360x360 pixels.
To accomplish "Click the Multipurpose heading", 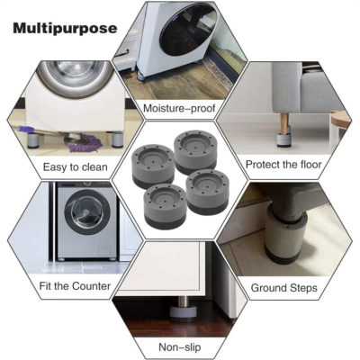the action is coord(65,29).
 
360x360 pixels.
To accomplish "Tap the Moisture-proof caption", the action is coord(179,108).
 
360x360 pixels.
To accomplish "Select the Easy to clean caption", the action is coord(76,167).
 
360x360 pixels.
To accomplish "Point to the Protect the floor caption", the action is coord(283,165).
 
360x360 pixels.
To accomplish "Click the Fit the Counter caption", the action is coord(75,286).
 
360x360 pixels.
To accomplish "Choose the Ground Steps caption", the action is coord(283,288).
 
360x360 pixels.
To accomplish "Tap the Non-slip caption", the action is coord(179,347).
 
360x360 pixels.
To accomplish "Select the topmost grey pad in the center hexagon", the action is coord(195,152).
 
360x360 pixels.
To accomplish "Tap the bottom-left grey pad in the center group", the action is coord(165,206).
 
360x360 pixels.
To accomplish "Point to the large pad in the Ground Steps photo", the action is coord(286,238).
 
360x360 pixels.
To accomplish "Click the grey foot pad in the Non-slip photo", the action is coord(184,313).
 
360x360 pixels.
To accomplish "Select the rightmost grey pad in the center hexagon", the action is coord(208,192).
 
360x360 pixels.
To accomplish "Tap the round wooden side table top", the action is coord(340,118).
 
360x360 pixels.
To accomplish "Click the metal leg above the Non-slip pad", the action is coord(183,300).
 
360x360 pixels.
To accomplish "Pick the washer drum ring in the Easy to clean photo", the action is coord(76,77).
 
